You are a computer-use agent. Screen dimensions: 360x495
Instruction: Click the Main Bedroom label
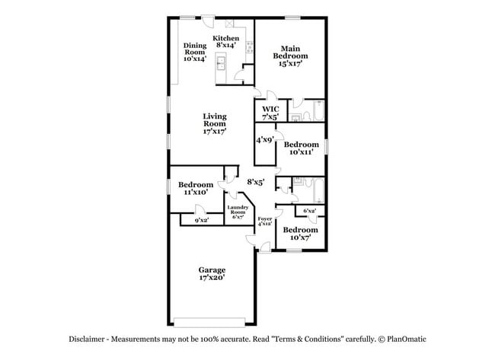point(290,55)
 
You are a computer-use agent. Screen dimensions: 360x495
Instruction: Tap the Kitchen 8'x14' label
point(226,42)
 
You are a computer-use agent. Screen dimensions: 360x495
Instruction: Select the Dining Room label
point(195,52)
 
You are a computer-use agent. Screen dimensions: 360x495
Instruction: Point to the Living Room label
point(214,124)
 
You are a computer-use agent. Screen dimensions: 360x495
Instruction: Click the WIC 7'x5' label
point(270,113)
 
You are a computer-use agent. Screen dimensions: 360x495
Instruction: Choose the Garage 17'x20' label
point(212,274)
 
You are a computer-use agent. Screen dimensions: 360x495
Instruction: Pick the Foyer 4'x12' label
point(264,221)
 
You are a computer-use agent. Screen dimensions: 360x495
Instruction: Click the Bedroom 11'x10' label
point(196,189)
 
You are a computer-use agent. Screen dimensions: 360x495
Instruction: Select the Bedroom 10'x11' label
point(301,148)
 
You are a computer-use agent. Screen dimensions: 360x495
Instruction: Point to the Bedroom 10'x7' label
point(300,234)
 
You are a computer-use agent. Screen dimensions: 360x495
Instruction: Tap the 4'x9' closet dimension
point(265,139)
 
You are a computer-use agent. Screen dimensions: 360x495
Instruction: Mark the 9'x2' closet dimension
point(202,220)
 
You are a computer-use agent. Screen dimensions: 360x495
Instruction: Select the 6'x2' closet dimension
point(310,210)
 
